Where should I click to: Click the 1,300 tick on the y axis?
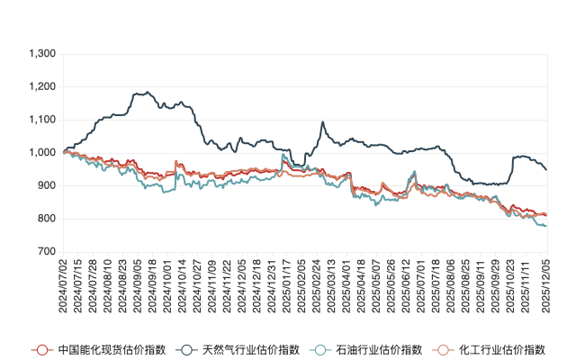pos(42,54)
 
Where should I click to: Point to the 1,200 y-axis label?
pos(42,87)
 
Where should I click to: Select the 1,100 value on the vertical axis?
pos(42,120)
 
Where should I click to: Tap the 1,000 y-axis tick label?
pos(42,153)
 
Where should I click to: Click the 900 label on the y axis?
pos(47,186)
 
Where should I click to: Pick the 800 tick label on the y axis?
pos(47,219)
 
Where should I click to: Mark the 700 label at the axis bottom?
pos(47,252)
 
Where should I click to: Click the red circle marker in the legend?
pos(40,349)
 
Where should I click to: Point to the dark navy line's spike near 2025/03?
pos(323,123)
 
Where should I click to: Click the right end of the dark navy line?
pos(546,169)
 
